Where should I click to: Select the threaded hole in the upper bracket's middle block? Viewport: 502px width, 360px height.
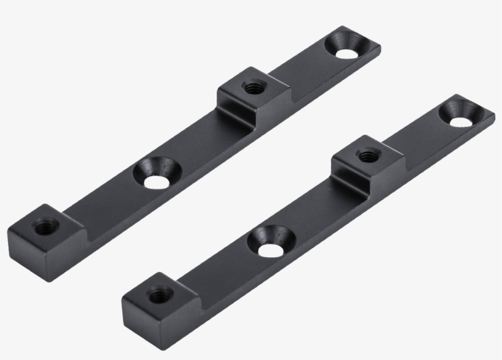251,87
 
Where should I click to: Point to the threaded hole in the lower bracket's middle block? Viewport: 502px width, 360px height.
366,156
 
